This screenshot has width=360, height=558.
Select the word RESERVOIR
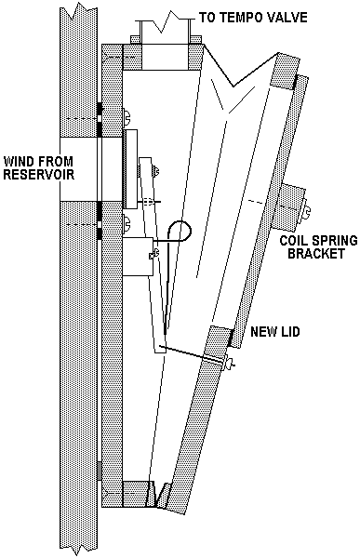pos(39,175)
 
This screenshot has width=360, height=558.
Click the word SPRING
pos(336,240)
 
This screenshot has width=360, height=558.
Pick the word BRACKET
pos(316,253)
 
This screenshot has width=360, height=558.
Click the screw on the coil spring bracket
pos(305,212)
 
